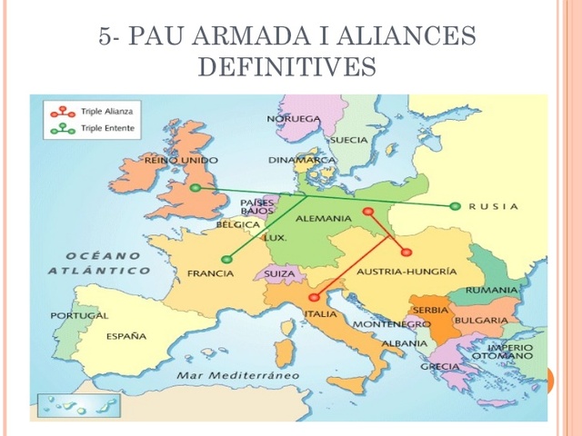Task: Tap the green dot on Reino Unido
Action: point(196,188)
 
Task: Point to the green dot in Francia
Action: point(226,260)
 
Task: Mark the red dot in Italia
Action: point(314,296)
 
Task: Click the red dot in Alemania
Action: point(367,213)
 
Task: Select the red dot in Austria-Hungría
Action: point(406,252)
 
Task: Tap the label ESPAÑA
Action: point(126,336)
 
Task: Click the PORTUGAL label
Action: point(79,315)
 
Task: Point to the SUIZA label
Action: point(279,272)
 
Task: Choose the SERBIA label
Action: point(431,310)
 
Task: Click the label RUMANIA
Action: point(492,290)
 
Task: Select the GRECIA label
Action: point(439,366)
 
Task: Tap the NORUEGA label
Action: point(294,119)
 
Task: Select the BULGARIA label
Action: point(481,321)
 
